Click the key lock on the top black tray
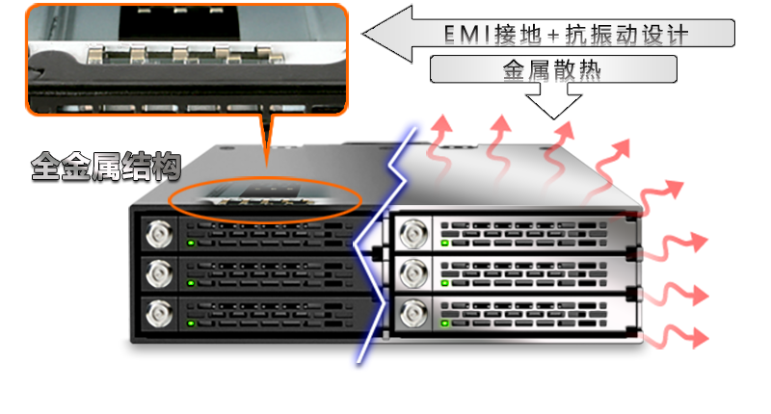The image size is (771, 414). [x=159, y=234]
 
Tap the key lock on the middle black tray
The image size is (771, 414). [x=159, y=273]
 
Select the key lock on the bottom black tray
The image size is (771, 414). [x=159, y=314]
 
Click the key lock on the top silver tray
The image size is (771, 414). [x=413, y=233]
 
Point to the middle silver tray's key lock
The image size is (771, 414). [x=413, y=273]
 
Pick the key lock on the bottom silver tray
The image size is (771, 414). [x=413, y=314]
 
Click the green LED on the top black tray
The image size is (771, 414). [x=191, y=243]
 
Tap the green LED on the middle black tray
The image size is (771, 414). [x=191, y=283]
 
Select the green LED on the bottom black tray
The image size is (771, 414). [x=191, y=323]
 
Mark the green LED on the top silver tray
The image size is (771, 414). [x=445, y=243]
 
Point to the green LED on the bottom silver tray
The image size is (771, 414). [x=445, y=323]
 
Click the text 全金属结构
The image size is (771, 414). [x=106, y=166]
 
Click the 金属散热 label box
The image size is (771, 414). [x=553, y=69]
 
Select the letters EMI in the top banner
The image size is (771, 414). [x=466, y=35]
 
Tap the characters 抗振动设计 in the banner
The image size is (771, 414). [x=626, y=35]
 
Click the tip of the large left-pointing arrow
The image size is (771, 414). [x=363, y=34]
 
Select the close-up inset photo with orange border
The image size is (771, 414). [x=187, y=60]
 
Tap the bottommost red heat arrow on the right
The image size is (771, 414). [x=677, y=337]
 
